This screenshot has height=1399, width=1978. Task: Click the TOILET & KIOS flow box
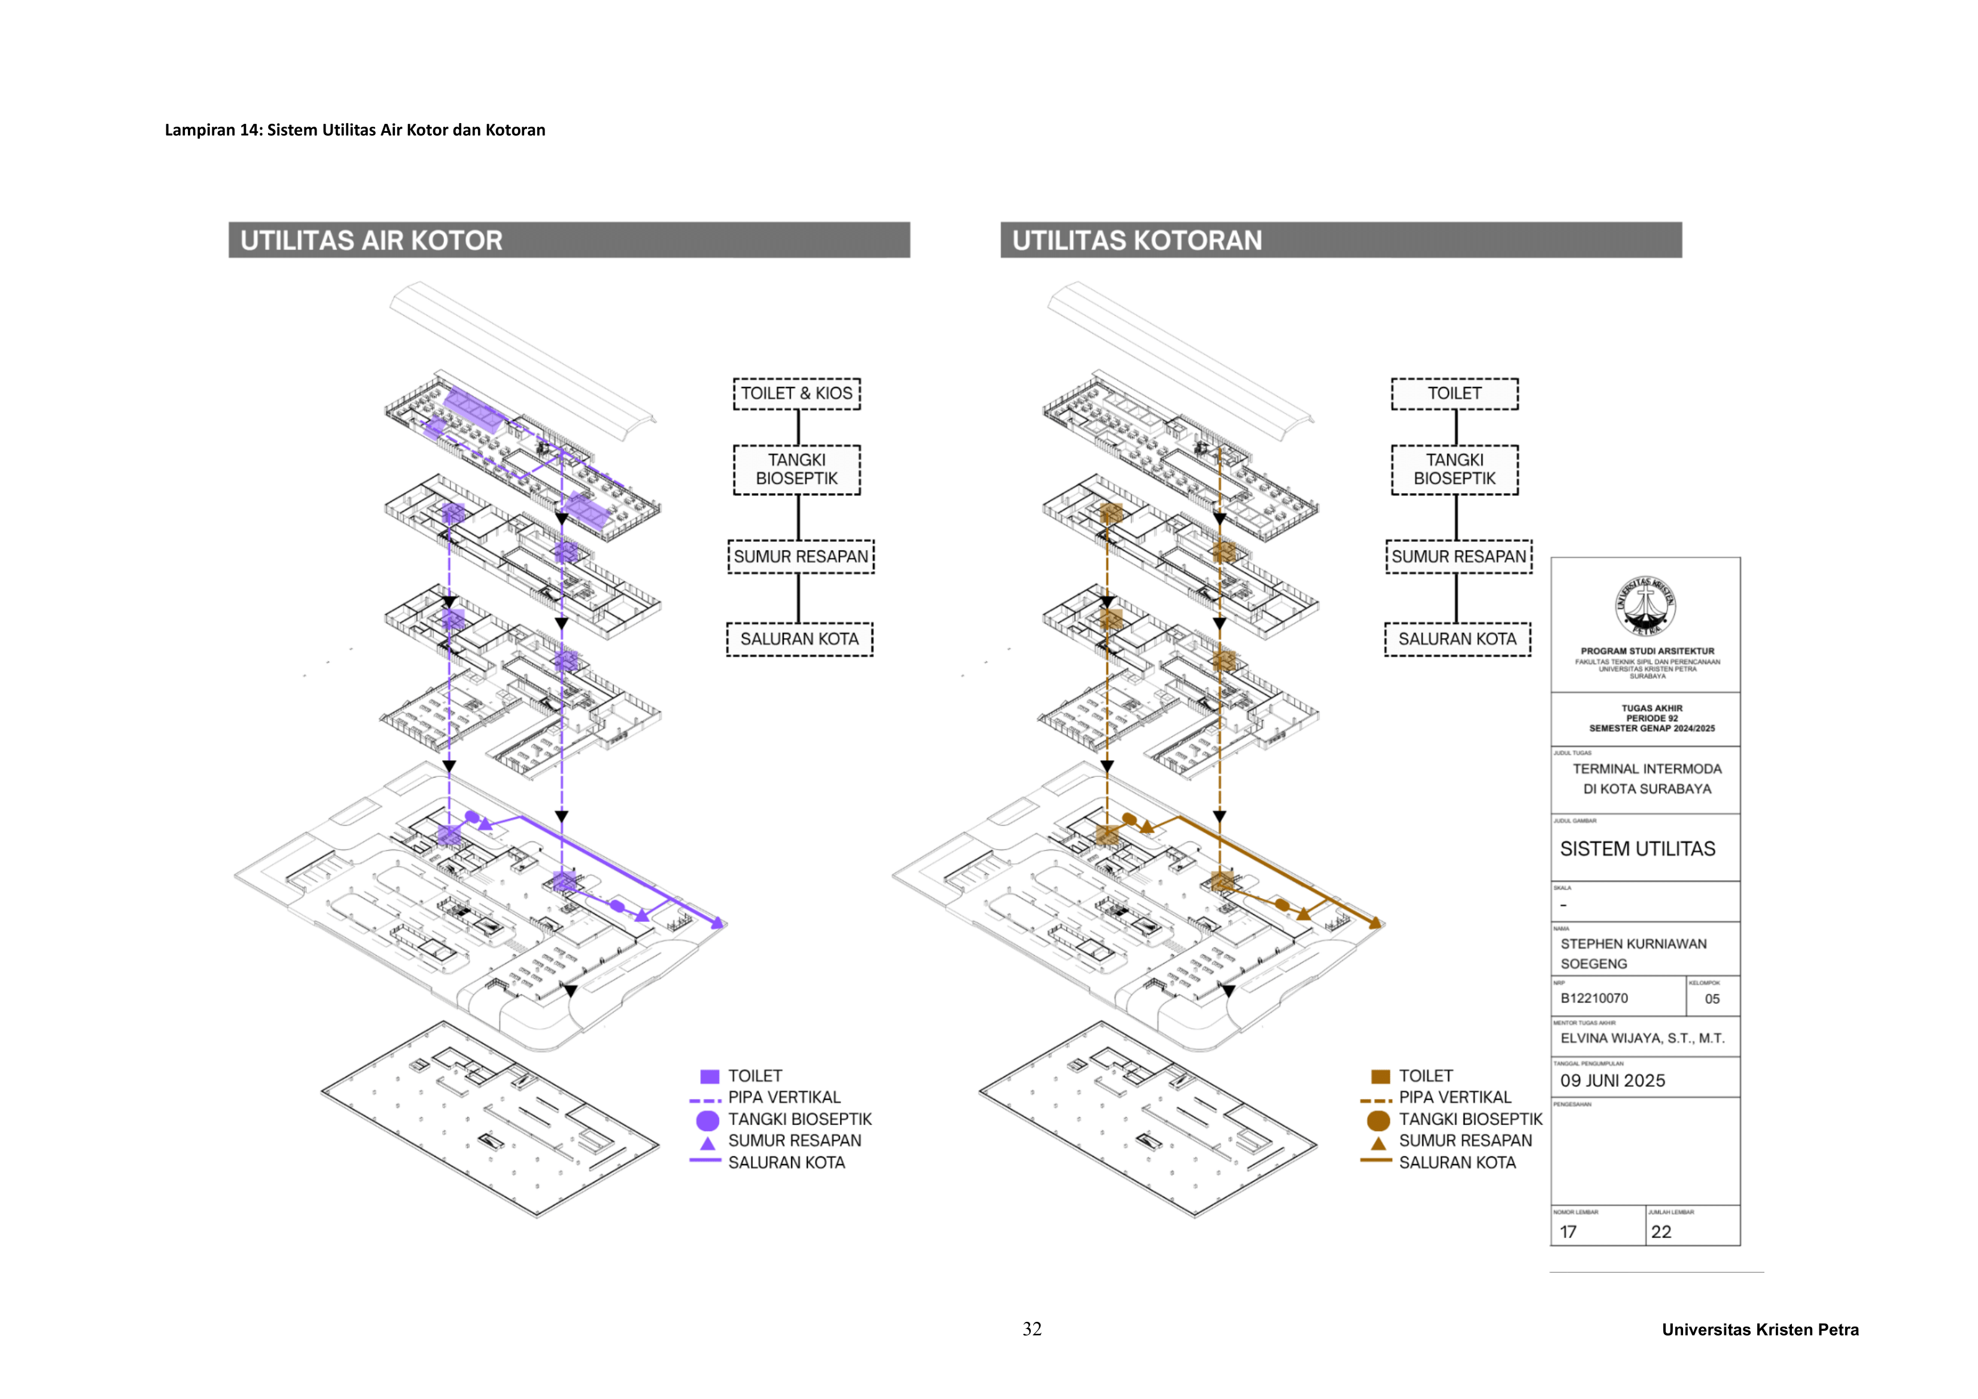(x=797, y=394)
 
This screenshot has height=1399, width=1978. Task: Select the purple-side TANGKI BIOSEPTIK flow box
(x=797, y=470)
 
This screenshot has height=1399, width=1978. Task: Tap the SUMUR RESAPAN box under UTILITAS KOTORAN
(x=1459, y=556)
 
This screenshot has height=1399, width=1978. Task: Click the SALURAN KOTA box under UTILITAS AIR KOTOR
(x=799, y=639)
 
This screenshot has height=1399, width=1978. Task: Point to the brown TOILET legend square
(x=1380, y=1076)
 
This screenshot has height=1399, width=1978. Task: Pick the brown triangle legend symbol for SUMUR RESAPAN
(x=1378, y=1143)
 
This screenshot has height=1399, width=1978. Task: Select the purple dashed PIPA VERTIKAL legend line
(x=705, y=1100)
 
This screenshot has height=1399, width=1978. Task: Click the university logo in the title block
(x=1645, y=606)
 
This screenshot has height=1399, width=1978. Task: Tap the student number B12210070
(x=1594, y=998)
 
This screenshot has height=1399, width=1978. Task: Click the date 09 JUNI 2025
(x=1612, y=1081)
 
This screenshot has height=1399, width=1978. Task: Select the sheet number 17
(x=1569, y=1232)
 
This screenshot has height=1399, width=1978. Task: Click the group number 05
(x=1712, y=999)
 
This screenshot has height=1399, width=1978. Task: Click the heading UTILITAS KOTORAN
(x=1137, y=240)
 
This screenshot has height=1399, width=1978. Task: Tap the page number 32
(x=1032, y=1329)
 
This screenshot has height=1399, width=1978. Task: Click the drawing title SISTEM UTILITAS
(x=1638, y=849)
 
